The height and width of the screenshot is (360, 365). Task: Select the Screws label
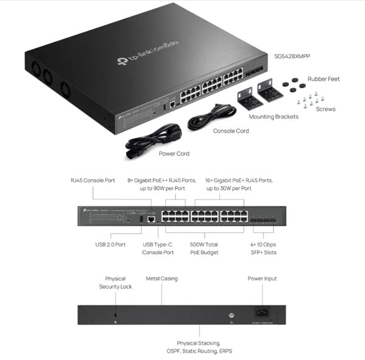coord(325,110)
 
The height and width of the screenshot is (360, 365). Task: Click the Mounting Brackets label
coord(273,117)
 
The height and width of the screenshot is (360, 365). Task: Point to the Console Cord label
coord(231,131)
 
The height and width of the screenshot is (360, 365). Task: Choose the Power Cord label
coord(174,154)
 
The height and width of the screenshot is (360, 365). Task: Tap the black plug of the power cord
coord(134,154)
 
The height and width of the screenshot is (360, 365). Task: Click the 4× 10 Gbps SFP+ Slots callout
coord(262,248)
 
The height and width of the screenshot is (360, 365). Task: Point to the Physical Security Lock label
coord(115,282)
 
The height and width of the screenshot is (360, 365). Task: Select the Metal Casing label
coord(162,279)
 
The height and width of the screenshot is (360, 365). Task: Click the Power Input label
coord(262,279)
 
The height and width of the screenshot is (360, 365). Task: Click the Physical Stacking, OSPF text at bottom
coord(204,347)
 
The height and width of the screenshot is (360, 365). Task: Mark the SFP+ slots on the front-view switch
coord(262,219)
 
